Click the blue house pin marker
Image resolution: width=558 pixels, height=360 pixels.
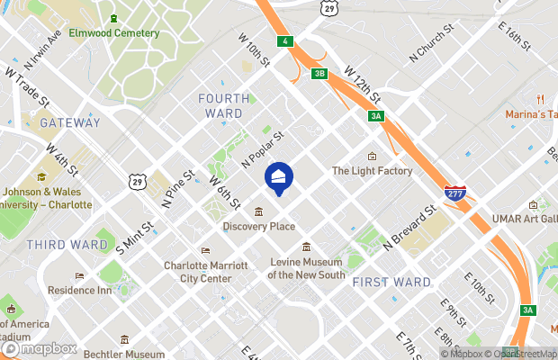pyautogui.click(x=278, y=176)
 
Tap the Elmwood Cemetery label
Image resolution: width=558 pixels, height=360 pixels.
pyautogui.click(x=121, y=33)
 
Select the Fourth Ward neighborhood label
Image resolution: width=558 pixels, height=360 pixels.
pyautogui.click(x=220, y=105)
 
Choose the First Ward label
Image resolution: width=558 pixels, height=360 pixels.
pyautogui.click(x=391, y=282)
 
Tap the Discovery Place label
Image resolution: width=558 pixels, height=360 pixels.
pyautogui.click(x=259, y=226)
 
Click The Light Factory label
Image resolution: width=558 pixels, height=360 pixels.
pyautogui.click(x=372, y=171)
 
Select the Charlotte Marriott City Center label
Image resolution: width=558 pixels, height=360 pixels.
pyautogui.click(x=198, y=272)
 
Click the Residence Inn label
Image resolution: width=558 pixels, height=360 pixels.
pyautogui.click(x=104, y=292)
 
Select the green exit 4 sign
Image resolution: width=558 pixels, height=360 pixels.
pyautogui.click(x=285, y=41)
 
